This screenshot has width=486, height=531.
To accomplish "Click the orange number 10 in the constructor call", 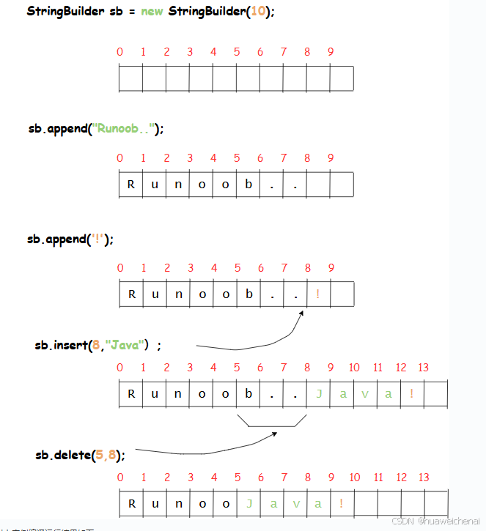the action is click(x=258, y=13).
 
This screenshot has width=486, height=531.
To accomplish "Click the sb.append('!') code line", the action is click(x=70, y=239).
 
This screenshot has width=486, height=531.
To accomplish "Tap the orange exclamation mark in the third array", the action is click(x=318, y=294).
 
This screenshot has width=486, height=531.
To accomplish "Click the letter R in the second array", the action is click(x=131, y=185).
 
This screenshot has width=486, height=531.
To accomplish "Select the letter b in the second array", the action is click(x=248, y=185).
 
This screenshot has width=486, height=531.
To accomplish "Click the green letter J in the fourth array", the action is click(x=319, y=394).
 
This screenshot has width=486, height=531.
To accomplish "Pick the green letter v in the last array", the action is click(x=295, y=503).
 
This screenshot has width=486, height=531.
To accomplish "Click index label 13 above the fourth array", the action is click(x=423, y=368).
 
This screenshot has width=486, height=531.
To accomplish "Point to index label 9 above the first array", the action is click(x=331, y=52).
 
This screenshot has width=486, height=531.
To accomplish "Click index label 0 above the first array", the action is click(x=119, y=52).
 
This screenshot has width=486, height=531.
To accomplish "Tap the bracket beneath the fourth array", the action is click(x=270, y=422).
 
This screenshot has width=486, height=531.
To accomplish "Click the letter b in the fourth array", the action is click(x=248, y=394).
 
